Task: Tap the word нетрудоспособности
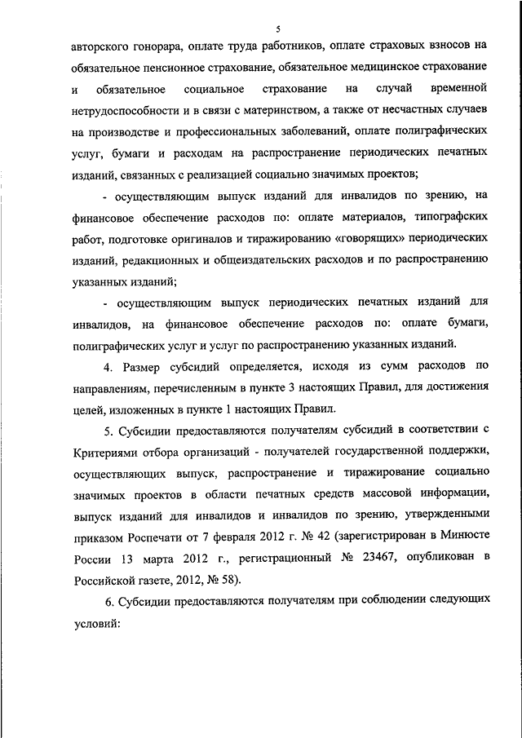[125, 108]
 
